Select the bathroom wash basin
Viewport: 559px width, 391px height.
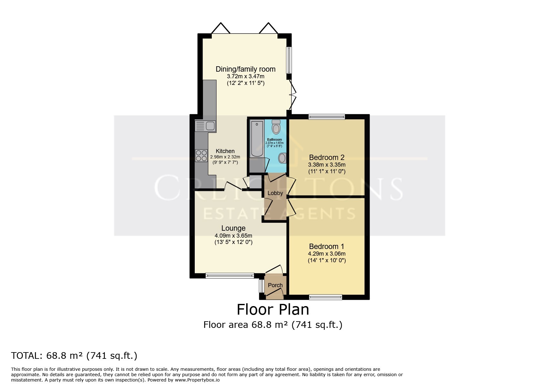coord(282,158)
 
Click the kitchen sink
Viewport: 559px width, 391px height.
coord(205,126)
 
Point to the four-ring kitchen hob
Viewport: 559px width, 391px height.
coord(201,155)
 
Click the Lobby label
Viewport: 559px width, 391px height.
coord(275,193)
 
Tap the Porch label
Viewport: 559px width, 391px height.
coord(275,285)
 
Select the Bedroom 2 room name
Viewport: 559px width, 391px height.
coord(327,157)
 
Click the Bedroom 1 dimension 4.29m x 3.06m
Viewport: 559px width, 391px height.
coord(327,254)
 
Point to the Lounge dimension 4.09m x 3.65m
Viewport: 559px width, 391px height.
coord(233,236)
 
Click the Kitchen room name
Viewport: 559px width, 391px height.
coord(225,151)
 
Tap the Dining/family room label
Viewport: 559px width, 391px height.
coord(246,69)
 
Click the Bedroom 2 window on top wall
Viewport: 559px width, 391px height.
coord(327,117)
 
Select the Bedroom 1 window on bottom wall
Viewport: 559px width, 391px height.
coord(325,297)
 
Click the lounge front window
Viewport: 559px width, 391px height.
coord(229,276)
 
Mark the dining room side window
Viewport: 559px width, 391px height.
coord(289,60)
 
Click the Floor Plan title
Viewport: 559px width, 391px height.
coord(273,310)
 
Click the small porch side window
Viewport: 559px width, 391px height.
coord(261,286)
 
